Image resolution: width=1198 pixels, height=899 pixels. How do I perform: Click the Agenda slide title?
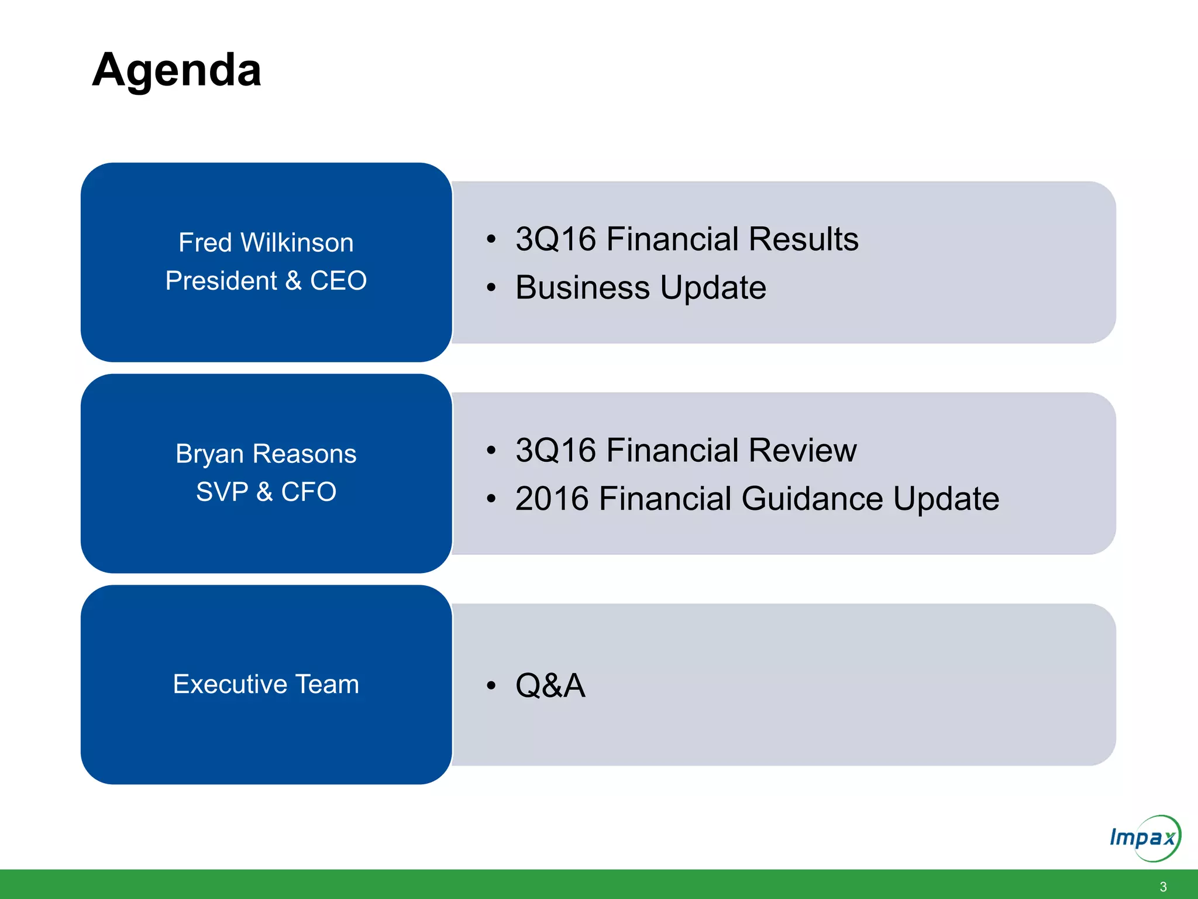click(x=177, y=71)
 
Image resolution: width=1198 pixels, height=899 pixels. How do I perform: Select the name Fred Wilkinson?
click(x=266, y=242)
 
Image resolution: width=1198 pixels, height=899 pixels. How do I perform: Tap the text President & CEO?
click(x=266, y=280)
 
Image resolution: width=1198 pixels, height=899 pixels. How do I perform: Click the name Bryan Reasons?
click(x=266, y=454)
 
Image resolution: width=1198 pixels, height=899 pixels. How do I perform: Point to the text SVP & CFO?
click(x=266, y=492)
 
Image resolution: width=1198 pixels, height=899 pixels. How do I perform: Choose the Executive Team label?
click(x=266, y=684)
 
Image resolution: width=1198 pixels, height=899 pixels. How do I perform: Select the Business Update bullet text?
click(x=641, y=287)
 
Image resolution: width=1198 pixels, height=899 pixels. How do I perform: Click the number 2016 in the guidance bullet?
click(x=552, y=499)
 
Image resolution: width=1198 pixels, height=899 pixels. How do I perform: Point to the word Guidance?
click(x=813, y=499)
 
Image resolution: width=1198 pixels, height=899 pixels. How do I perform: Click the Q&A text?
click(x=550, y=685)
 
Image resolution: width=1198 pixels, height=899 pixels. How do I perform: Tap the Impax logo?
click(x=1144, y=838)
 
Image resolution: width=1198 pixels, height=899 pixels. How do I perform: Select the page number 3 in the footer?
click(x=1163, y=887)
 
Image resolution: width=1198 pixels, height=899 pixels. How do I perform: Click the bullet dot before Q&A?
click(x=491, y=685)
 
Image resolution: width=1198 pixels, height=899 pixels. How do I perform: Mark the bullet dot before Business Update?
click(x=491, y=287)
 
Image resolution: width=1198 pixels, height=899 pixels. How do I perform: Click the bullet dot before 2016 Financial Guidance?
click(x=491, y=499)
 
